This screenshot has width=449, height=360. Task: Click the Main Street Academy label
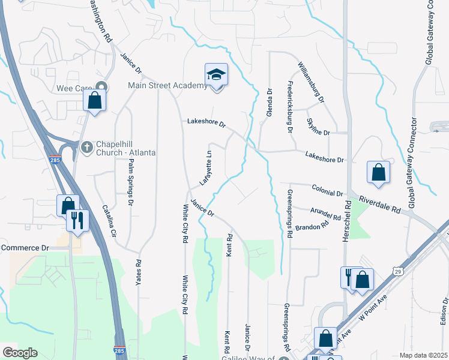click(x=167, y=86)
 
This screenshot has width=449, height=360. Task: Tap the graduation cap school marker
click(x=216, y=75)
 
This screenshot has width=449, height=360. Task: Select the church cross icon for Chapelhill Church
click(x=87, y=146)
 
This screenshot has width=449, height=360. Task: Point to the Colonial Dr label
click(x=327, y=190)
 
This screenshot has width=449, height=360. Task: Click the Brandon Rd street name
click(x=313, y=227)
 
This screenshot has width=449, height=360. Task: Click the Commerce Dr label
click(x=25, y=247)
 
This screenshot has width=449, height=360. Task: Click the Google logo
click(x=20, y=353)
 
